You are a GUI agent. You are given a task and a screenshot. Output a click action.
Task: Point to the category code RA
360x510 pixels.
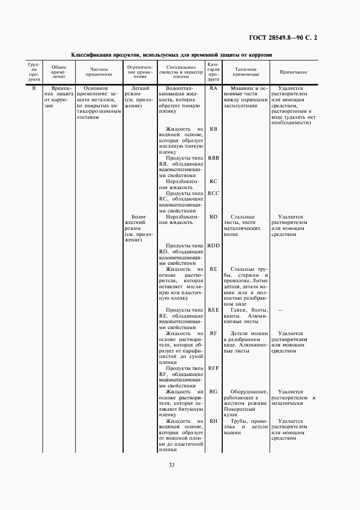tap(213, 88)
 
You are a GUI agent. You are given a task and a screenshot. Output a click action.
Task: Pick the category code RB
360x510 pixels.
tap(213, 129)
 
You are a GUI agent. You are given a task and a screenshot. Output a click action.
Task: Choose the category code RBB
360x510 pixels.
tap(213, 158)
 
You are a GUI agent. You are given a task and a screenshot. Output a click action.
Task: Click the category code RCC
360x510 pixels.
tap(213, 193)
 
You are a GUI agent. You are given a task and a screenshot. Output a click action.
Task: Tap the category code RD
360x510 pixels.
tap(213, 217)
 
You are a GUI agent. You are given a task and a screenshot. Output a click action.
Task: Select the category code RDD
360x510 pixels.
tap(213, 246)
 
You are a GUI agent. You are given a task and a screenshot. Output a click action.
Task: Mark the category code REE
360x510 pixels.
tap(213, 310)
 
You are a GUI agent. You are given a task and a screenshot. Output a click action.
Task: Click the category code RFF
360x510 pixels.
tap(213, 368)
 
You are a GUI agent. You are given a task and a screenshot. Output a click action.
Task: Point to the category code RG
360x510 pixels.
tap(213, 392)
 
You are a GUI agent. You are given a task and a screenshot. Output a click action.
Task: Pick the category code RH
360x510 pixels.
tap(213, 421)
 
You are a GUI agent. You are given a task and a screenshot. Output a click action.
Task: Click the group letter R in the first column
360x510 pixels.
tap(34, 88)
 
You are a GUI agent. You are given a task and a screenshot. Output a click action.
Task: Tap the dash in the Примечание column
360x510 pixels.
tap(279, 310)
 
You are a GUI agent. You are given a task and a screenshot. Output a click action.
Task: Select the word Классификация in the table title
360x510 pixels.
tap(92, 55)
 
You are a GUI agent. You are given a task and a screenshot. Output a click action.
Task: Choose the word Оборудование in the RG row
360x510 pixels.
tap(249, 392)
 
